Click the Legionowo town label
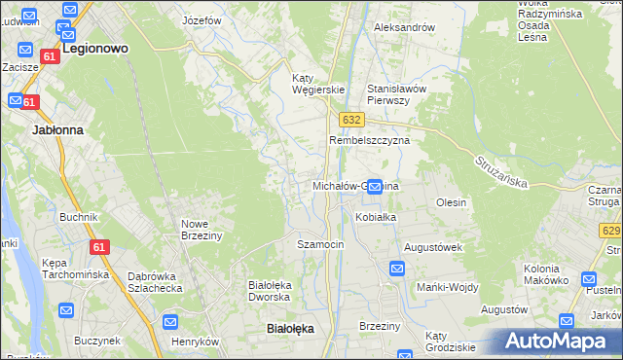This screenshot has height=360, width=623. click(95, 47)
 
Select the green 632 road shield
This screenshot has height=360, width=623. click(351, 120)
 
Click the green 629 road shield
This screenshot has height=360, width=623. click(611, 231)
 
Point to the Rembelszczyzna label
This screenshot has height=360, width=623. click(369, 140)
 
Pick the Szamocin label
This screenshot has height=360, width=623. click(320, 244)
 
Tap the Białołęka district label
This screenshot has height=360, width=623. click(290, 329)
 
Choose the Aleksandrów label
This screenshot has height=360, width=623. click(404, 27)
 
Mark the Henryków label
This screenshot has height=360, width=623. click(196, 342)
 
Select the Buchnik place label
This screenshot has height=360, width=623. click(79, 217)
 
